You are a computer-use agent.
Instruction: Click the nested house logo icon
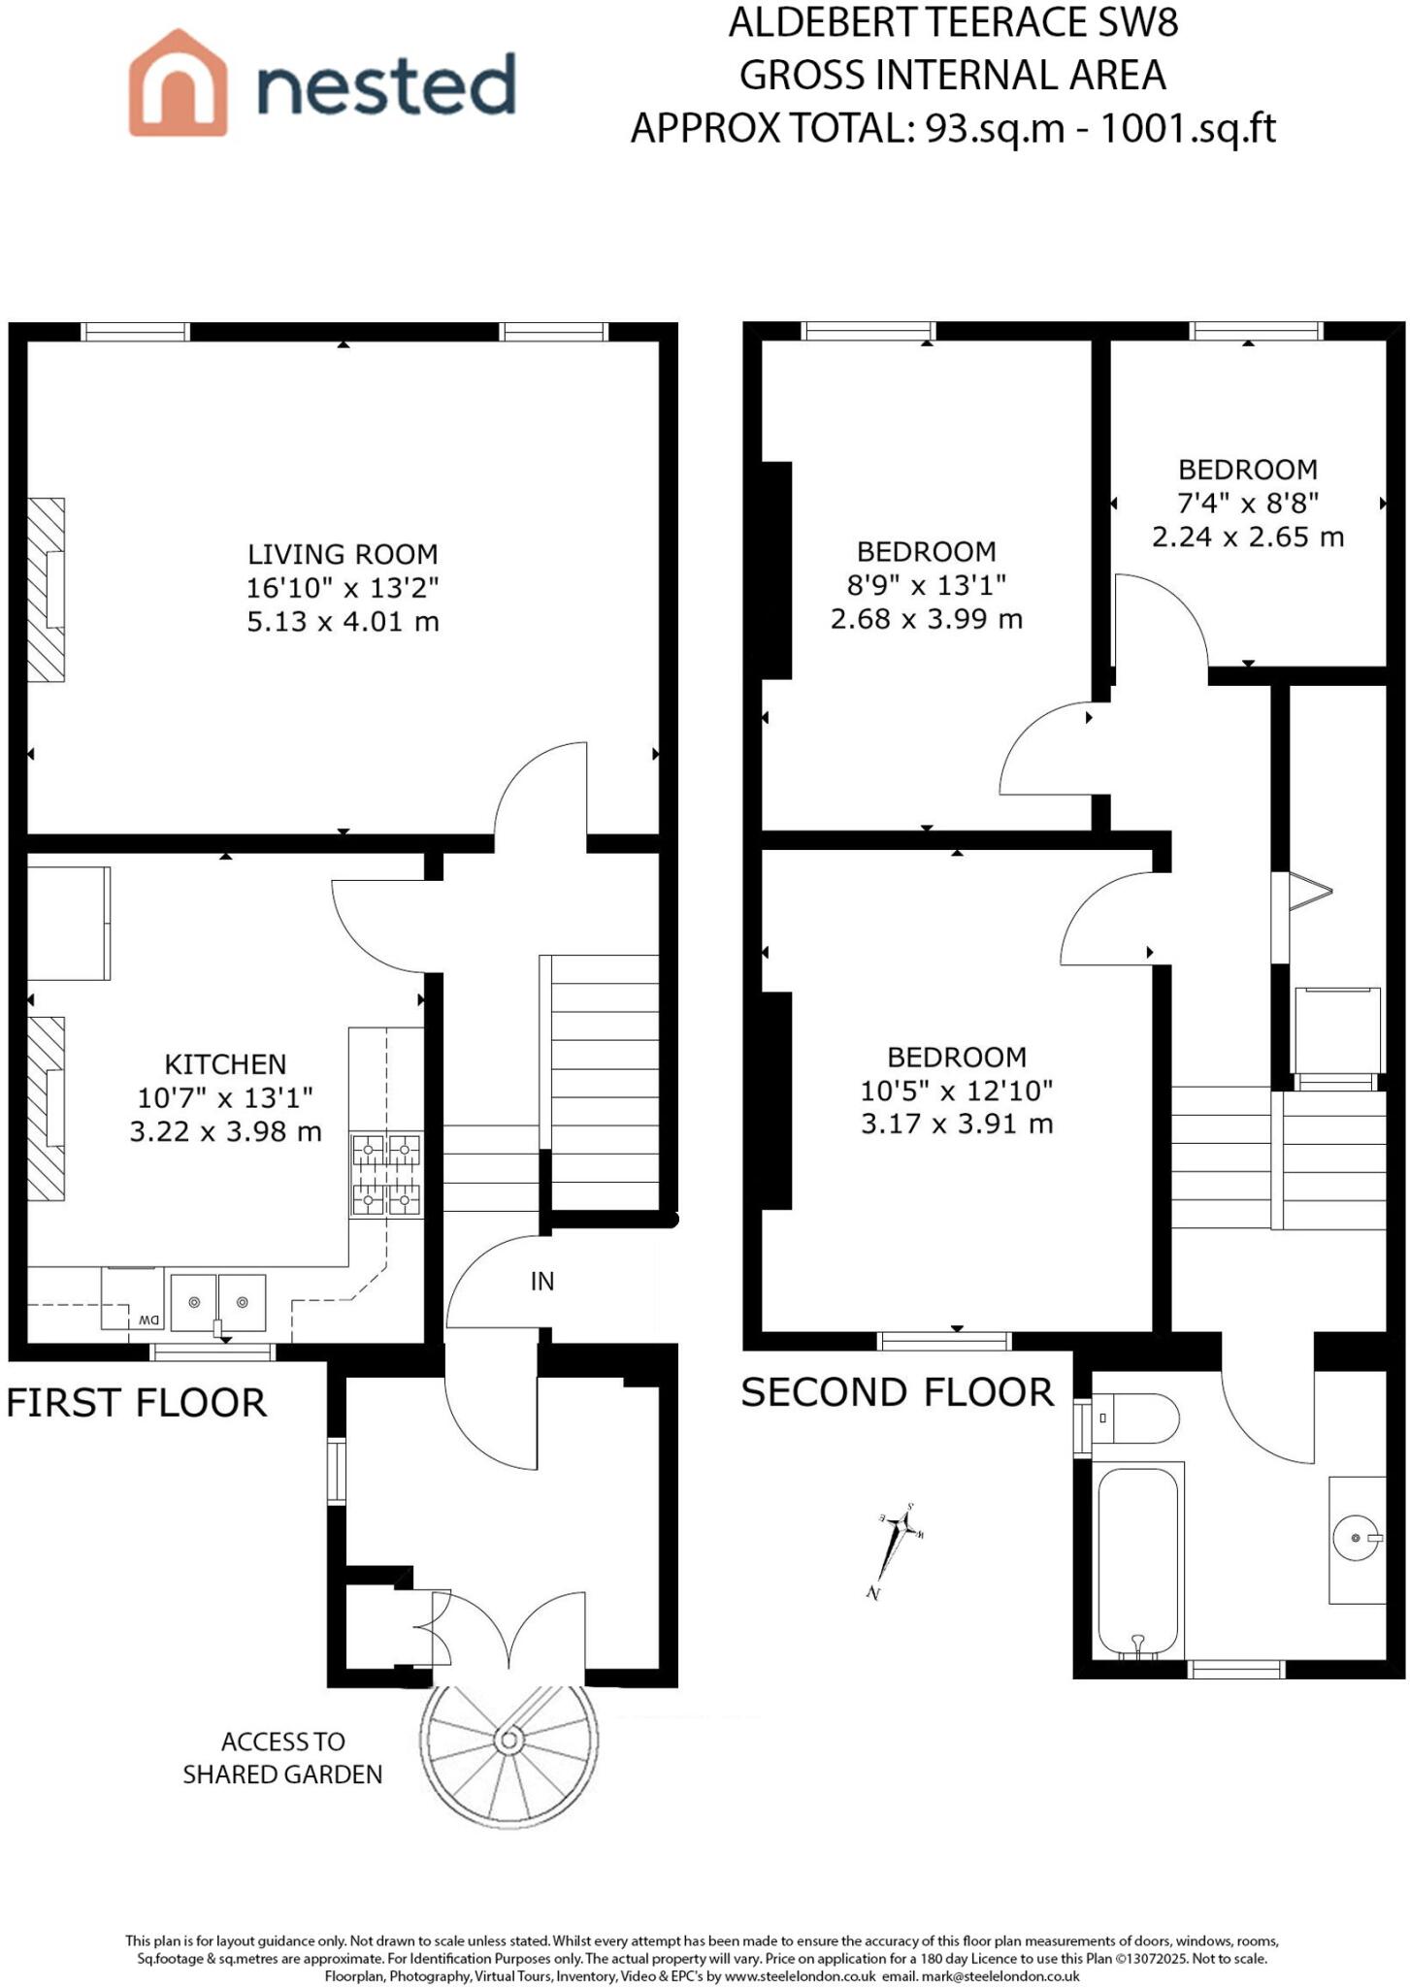point(178,83)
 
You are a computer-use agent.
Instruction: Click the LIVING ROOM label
point(343,555)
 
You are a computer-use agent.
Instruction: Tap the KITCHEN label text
point(225,1064)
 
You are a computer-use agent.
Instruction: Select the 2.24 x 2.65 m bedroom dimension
point(1248,537)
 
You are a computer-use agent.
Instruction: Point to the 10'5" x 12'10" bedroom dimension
point(957,1091)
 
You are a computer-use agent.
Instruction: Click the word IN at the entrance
point(542,1282)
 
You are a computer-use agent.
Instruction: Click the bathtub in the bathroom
point(1138,1562)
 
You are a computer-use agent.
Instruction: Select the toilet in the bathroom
point(1135,1419)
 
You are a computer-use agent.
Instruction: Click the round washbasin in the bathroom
point(1356,1538)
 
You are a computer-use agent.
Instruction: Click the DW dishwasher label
point(148,1320)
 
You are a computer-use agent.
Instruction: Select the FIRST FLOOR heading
point(137,1404)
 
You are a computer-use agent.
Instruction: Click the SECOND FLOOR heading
point(897,1393)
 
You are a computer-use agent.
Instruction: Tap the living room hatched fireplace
point(46,590)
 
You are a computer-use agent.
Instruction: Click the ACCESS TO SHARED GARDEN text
point(282,1757)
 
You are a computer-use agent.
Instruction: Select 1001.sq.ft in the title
point(1187,128)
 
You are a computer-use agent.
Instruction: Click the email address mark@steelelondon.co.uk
point(1000,1976)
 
